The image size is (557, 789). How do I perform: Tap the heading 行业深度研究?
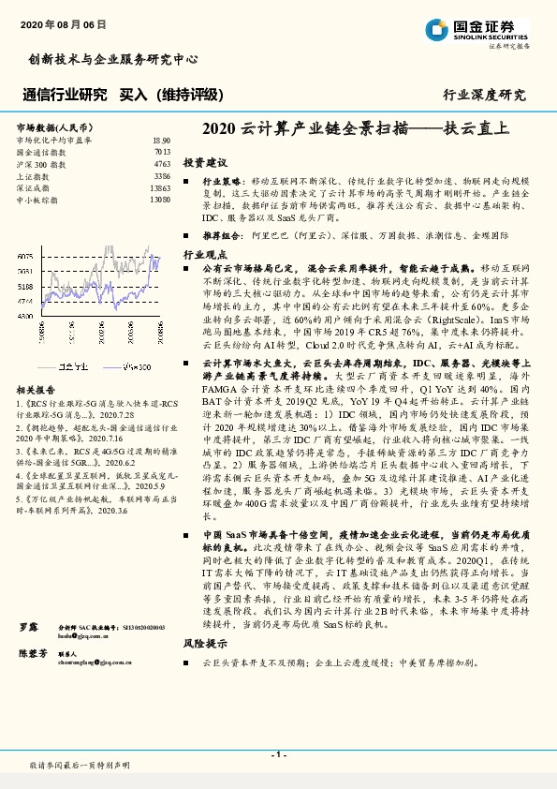pos(484,95)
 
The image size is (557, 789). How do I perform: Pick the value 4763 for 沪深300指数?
pos(161,163)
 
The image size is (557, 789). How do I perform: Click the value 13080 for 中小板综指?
pos(158,200)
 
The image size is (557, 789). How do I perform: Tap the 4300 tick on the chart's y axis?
pos(25,316)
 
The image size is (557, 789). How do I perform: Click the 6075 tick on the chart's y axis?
pos(25,256)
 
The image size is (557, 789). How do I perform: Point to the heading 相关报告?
pos(37,389)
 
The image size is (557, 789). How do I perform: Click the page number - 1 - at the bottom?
pos(278,753)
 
